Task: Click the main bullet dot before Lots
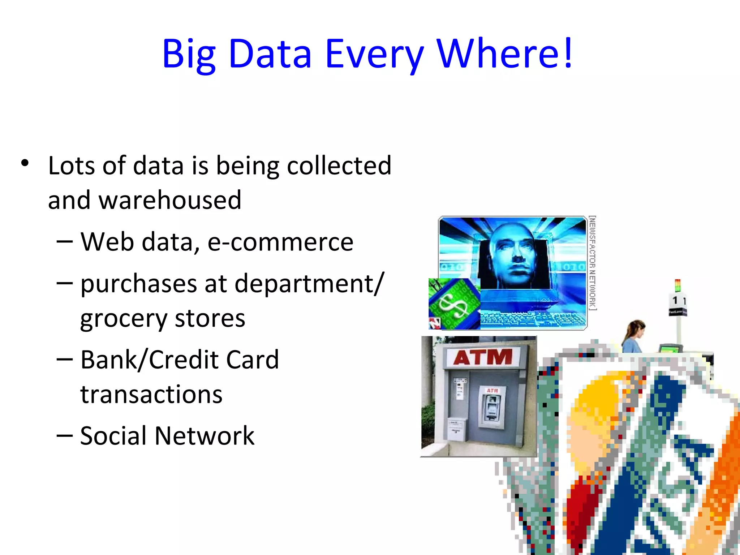[x=25, y=163]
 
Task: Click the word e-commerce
[x=280, y=242]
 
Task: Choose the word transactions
[x=151, y=394]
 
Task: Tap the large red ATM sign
[x=483, y=357]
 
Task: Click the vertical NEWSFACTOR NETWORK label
[x=592, y=263]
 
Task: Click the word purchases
[x=139, y=284]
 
